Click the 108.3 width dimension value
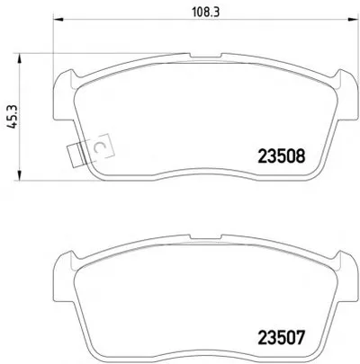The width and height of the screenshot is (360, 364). pos(206,13)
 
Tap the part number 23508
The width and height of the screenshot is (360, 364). pos(282,156)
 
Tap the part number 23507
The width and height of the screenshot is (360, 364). pos(281,337)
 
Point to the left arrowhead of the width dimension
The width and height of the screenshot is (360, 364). pos(58,20)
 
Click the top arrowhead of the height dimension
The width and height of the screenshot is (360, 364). pos(20,58)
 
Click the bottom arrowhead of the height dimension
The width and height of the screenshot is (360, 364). pos(20,176)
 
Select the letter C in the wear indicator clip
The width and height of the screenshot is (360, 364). pos(99,146)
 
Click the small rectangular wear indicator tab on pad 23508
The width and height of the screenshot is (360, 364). pos(75,155)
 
